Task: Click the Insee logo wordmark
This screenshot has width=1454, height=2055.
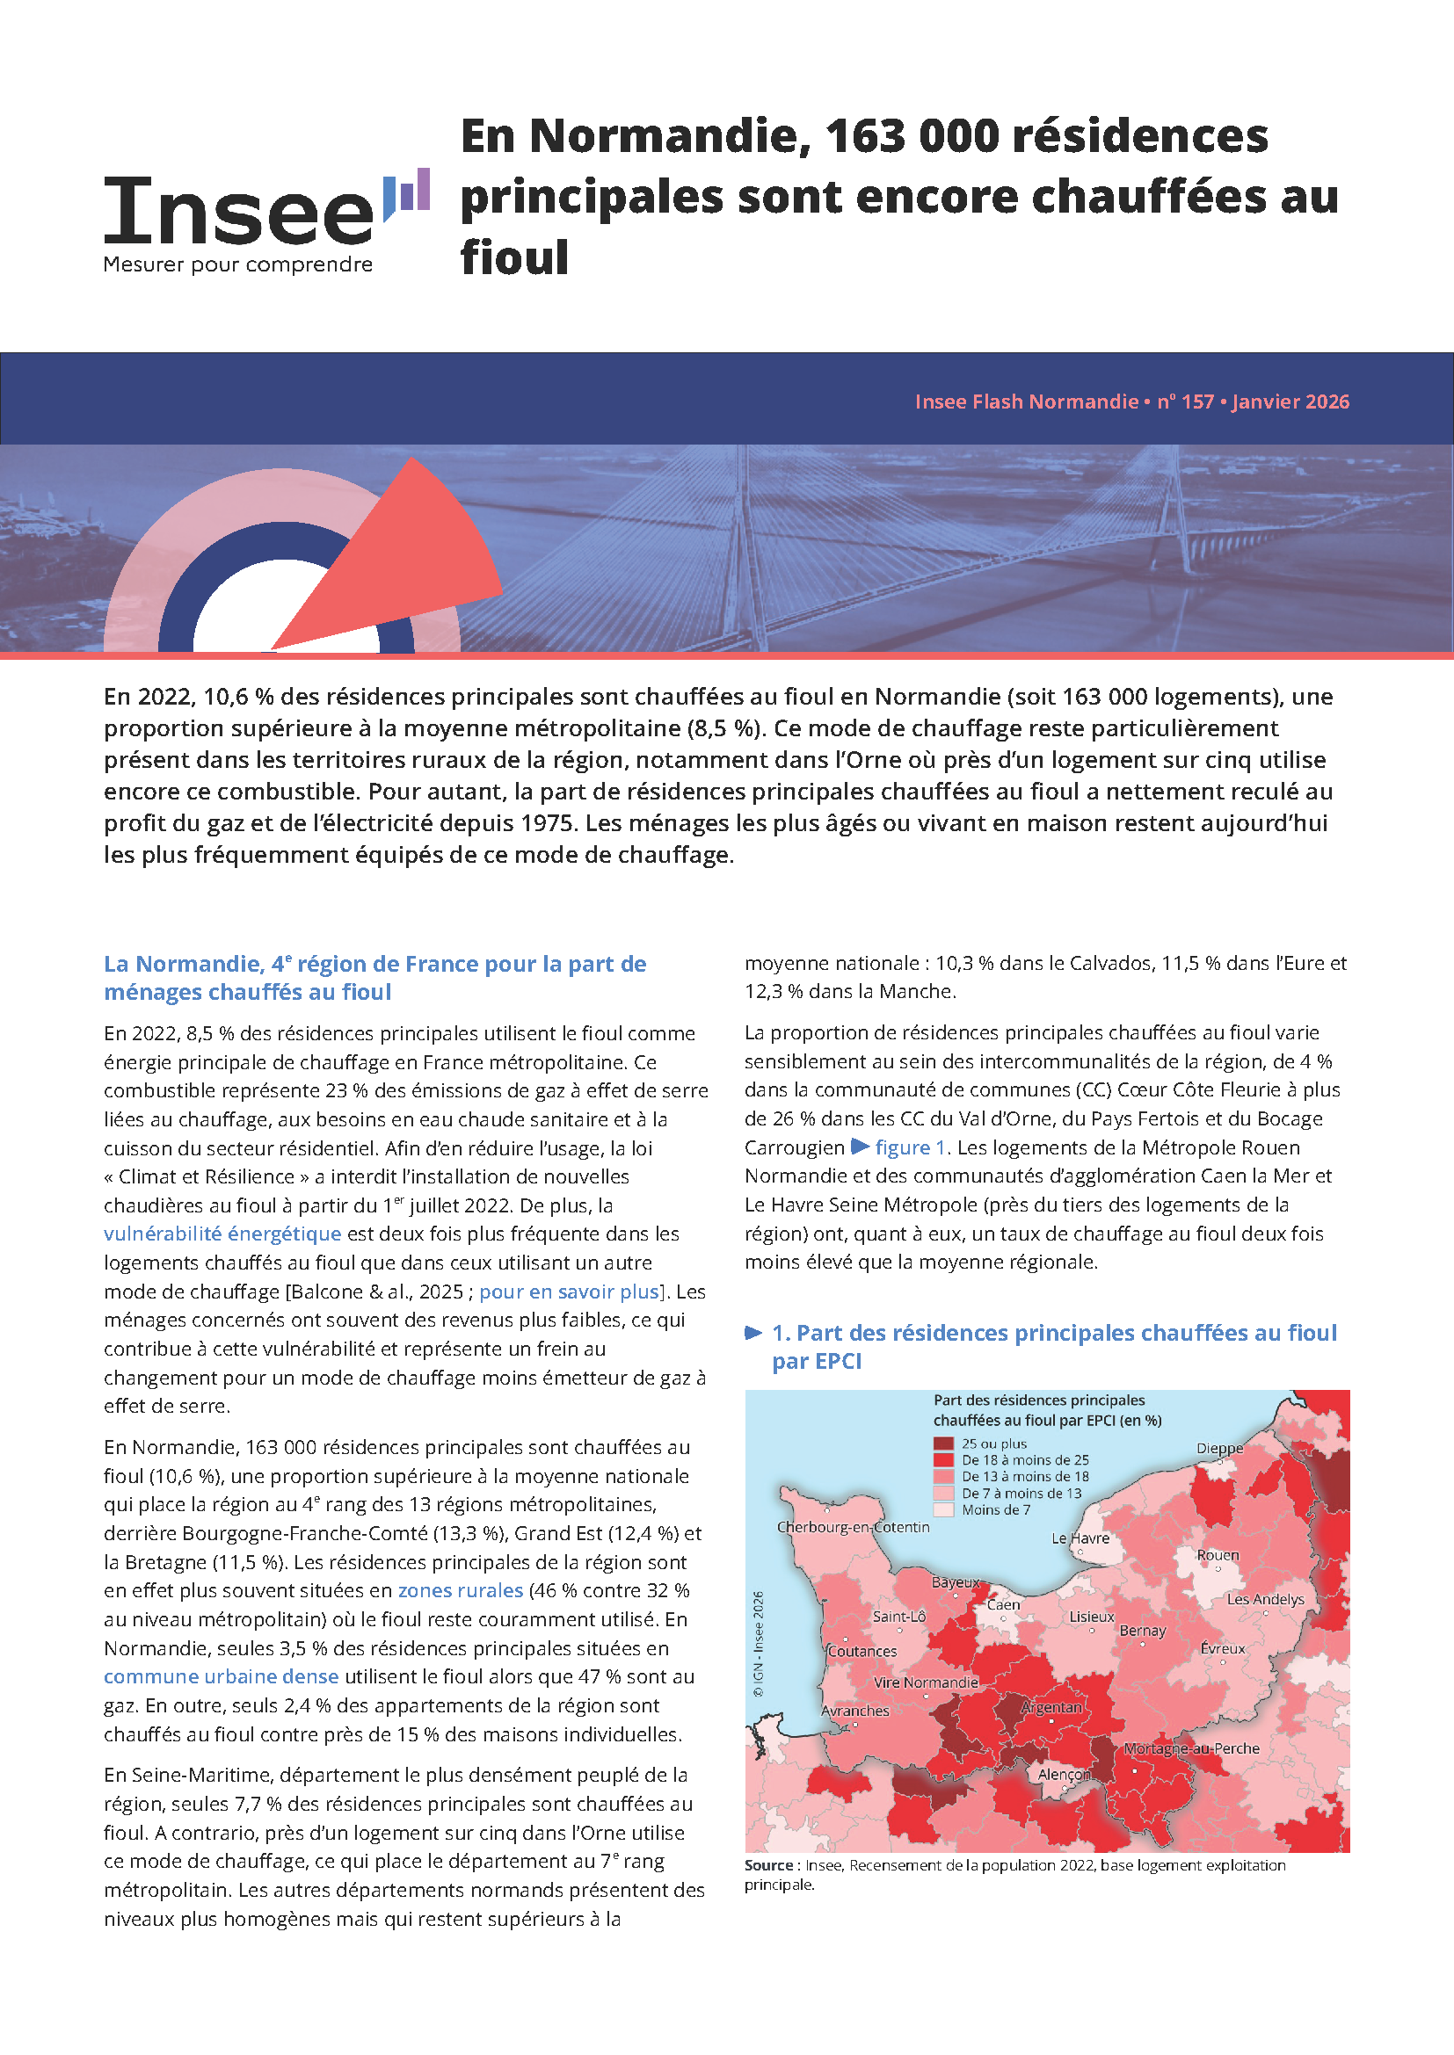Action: [238, 211]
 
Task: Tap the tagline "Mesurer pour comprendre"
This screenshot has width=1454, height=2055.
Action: [238, 265]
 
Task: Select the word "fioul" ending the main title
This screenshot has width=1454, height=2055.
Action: [515, 257]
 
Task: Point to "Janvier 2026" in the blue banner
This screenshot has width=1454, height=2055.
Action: [1290, 402]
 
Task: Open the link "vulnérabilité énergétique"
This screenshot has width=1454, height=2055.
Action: [222, 1234]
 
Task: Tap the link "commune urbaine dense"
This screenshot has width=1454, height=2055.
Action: [222, 1676]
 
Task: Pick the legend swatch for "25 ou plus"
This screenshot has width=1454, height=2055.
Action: [943, 1444]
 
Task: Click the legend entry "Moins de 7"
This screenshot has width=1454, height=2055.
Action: [996, 1510]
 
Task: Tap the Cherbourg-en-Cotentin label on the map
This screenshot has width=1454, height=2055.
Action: [853, 1527]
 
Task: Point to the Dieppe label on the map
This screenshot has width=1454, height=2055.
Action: [1219, 1448]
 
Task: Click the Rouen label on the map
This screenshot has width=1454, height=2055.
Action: [1218, 1556]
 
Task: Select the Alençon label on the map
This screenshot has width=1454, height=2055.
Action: [1065, 1774]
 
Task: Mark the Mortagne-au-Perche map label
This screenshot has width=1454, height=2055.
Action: [1191, 1748]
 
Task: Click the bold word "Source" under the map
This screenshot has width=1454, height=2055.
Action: [768, 1865]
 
